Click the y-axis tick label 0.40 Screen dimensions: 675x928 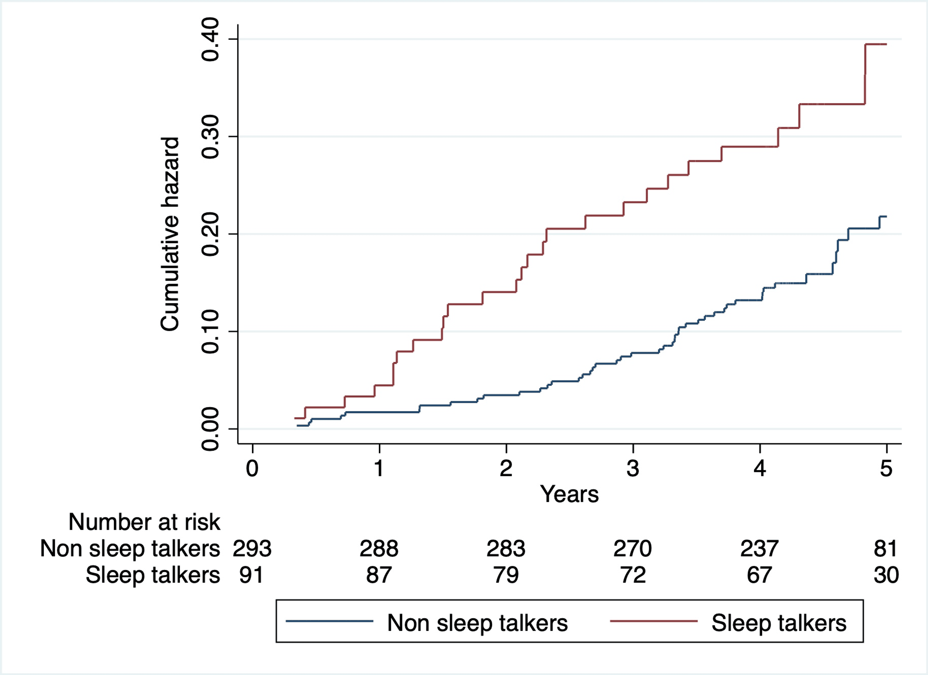[210, 40]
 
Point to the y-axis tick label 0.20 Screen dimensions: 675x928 [210, 234]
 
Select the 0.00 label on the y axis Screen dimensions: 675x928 [210, 429]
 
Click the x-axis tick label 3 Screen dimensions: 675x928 [633, 468]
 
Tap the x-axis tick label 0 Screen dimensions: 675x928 [252, 468]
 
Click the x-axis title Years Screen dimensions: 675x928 [569, 494]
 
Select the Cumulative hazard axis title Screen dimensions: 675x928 [170, 234]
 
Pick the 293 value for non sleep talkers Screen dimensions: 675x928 [252, 549]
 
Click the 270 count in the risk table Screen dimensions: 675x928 [633, 549]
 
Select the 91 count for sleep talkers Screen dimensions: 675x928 [251, 575]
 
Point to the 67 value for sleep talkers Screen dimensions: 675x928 [759, 575]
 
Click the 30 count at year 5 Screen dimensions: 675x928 [886, 575]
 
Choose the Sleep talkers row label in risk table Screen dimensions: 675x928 [153, 575]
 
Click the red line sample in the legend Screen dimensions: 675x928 [653, 621]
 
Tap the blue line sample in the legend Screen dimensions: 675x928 [329, 621]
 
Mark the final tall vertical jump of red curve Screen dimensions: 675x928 [865, 74]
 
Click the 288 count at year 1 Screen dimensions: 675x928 [379, 549]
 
